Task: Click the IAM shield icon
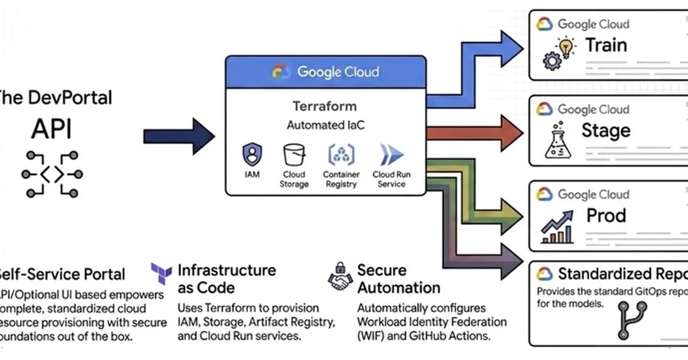pos(251,154)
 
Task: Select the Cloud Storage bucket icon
pos(294,155)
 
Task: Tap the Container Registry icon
pos(341,155)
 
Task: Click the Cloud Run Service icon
pos(392,155)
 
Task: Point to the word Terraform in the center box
pos(325,106)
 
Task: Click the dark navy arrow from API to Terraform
pos(178,136)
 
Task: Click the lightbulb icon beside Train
pos(566,48)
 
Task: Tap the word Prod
pos(606,216)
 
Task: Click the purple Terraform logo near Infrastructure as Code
pos(161,273)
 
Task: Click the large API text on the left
pos(52,130)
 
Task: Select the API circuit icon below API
pos(52,174)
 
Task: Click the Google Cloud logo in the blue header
pos(282,72)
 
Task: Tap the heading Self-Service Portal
pos(61,273)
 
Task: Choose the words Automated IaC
pos(325,124)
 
